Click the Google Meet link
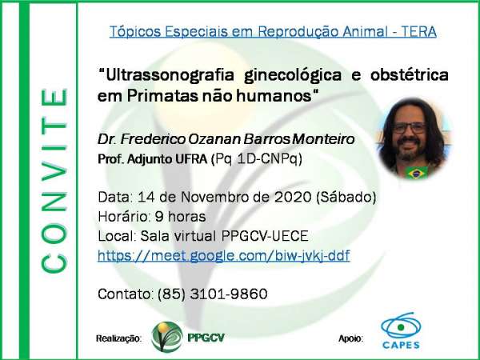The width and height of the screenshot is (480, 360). tap(224, 256)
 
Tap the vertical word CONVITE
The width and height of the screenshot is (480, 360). tap(54, 181)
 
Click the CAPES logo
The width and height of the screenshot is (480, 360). tap(401, 330)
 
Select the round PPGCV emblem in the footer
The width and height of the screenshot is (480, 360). tap(167, 337)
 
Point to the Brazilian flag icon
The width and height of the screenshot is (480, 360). tap(416, 173)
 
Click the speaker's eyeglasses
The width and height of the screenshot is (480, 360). tap(410, 128)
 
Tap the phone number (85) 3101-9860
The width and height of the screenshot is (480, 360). tap(213, 294)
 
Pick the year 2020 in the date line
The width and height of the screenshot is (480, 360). tap(293, 197)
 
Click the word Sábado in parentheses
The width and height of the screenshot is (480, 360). tap(346, 197)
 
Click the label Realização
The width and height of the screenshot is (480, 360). tap(118, 338)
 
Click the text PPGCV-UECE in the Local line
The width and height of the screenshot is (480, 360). tap(265, 236)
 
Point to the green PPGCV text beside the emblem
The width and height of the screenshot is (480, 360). tap(206, 338)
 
